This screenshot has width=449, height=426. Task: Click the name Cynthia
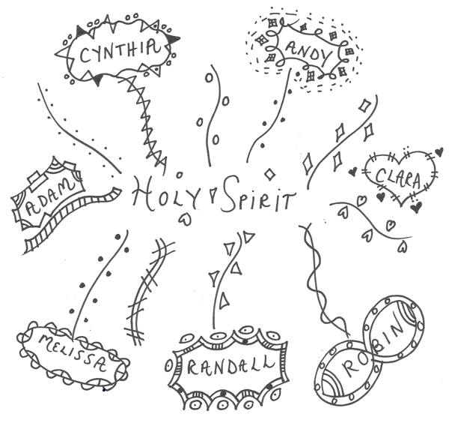(x=120, y=52)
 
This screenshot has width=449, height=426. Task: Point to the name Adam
(x=50, y=198)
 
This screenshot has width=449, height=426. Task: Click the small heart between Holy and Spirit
(x=212, y=195)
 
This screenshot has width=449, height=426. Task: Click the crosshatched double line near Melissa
(x=150, y=290)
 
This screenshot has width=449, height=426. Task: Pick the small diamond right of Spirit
(x=269, y=174)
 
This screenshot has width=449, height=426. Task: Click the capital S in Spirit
(x=231, y=193)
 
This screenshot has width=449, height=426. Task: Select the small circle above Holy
(x=180, y=174)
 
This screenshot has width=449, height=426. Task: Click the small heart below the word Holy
(x=185, y=219)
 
